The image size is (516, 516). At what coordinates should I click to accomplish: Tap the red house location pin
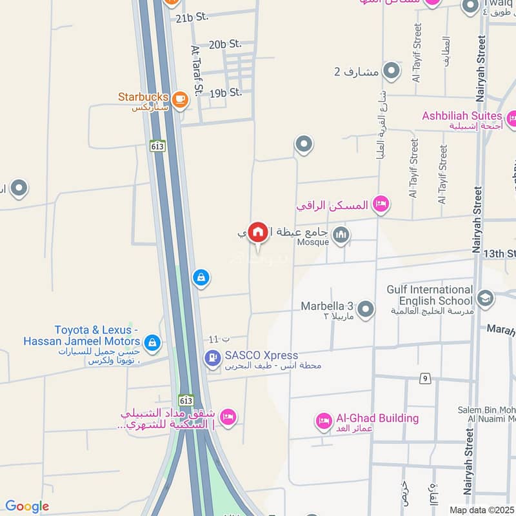[258, 232]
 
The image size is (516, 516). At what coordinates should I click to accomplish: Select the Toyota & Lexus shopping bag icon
[153, 342]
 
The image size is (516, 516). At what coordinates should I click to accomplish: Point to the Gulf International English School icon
[485, 299]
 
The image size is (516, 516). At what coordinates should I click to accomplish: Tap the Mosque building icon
[342, 235]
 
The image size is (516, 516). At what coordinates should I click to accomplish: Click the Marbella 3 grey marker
[366, 310]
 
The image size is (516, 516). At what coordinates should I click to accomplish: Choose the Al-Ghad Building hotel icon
[324, 422]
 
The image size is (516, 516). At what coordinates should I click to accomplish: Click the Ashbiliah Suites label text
[462, 116]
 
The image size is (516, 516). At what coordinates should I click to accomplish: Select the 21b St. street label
[192, 17]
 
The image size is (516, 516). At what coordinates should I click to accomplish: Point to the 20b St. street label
[225, 44]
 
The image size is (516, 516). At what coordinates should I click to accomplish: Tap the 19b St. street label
[226, 92]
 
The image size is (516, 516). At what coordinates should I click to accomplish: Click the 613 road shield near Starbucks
[157, 146]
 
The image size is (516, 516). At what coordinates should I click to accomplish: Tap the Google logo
[27, 506]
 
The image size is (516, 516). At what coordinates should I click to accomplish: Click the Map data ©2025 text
[481, 510]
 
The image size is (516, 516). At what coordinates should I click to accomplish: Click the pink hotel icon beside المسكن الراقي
[381, 204]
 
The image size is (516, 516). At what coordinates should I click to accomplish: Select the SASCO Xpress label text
[261, 355]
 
